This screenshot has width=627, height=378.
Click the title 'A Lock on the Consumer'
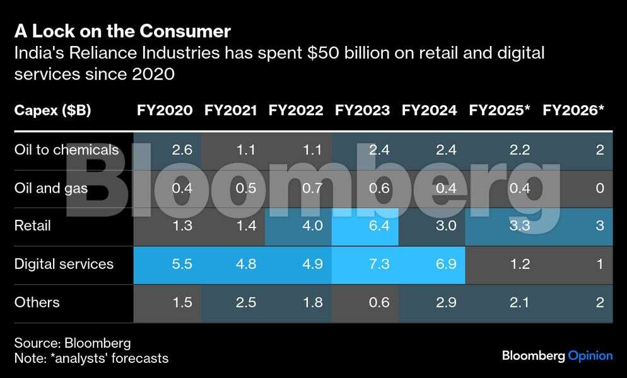click(122, 31)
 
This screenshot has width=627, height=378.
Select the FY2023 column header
click(362, 110)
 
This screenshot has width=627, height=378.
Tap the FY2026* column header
click(573, 110)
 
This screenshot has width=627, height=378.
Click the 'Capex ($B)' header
click(52, 110)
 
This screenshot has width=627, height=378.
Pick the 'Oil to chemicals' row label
click(66, 150)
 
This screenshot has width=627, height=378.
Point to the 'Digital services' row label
click(64, 264)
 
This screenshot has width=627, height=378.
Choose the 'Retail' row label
click(32, 226)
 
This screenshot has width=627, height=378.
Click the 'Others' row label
click(37, 302)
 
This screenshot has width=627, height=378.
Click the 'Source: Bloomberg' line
click(73, 343)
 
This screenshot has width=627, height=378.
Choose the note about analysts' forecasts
click(91, 358)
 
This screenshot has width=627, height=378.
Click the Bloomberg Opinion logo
click(557, 356)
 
